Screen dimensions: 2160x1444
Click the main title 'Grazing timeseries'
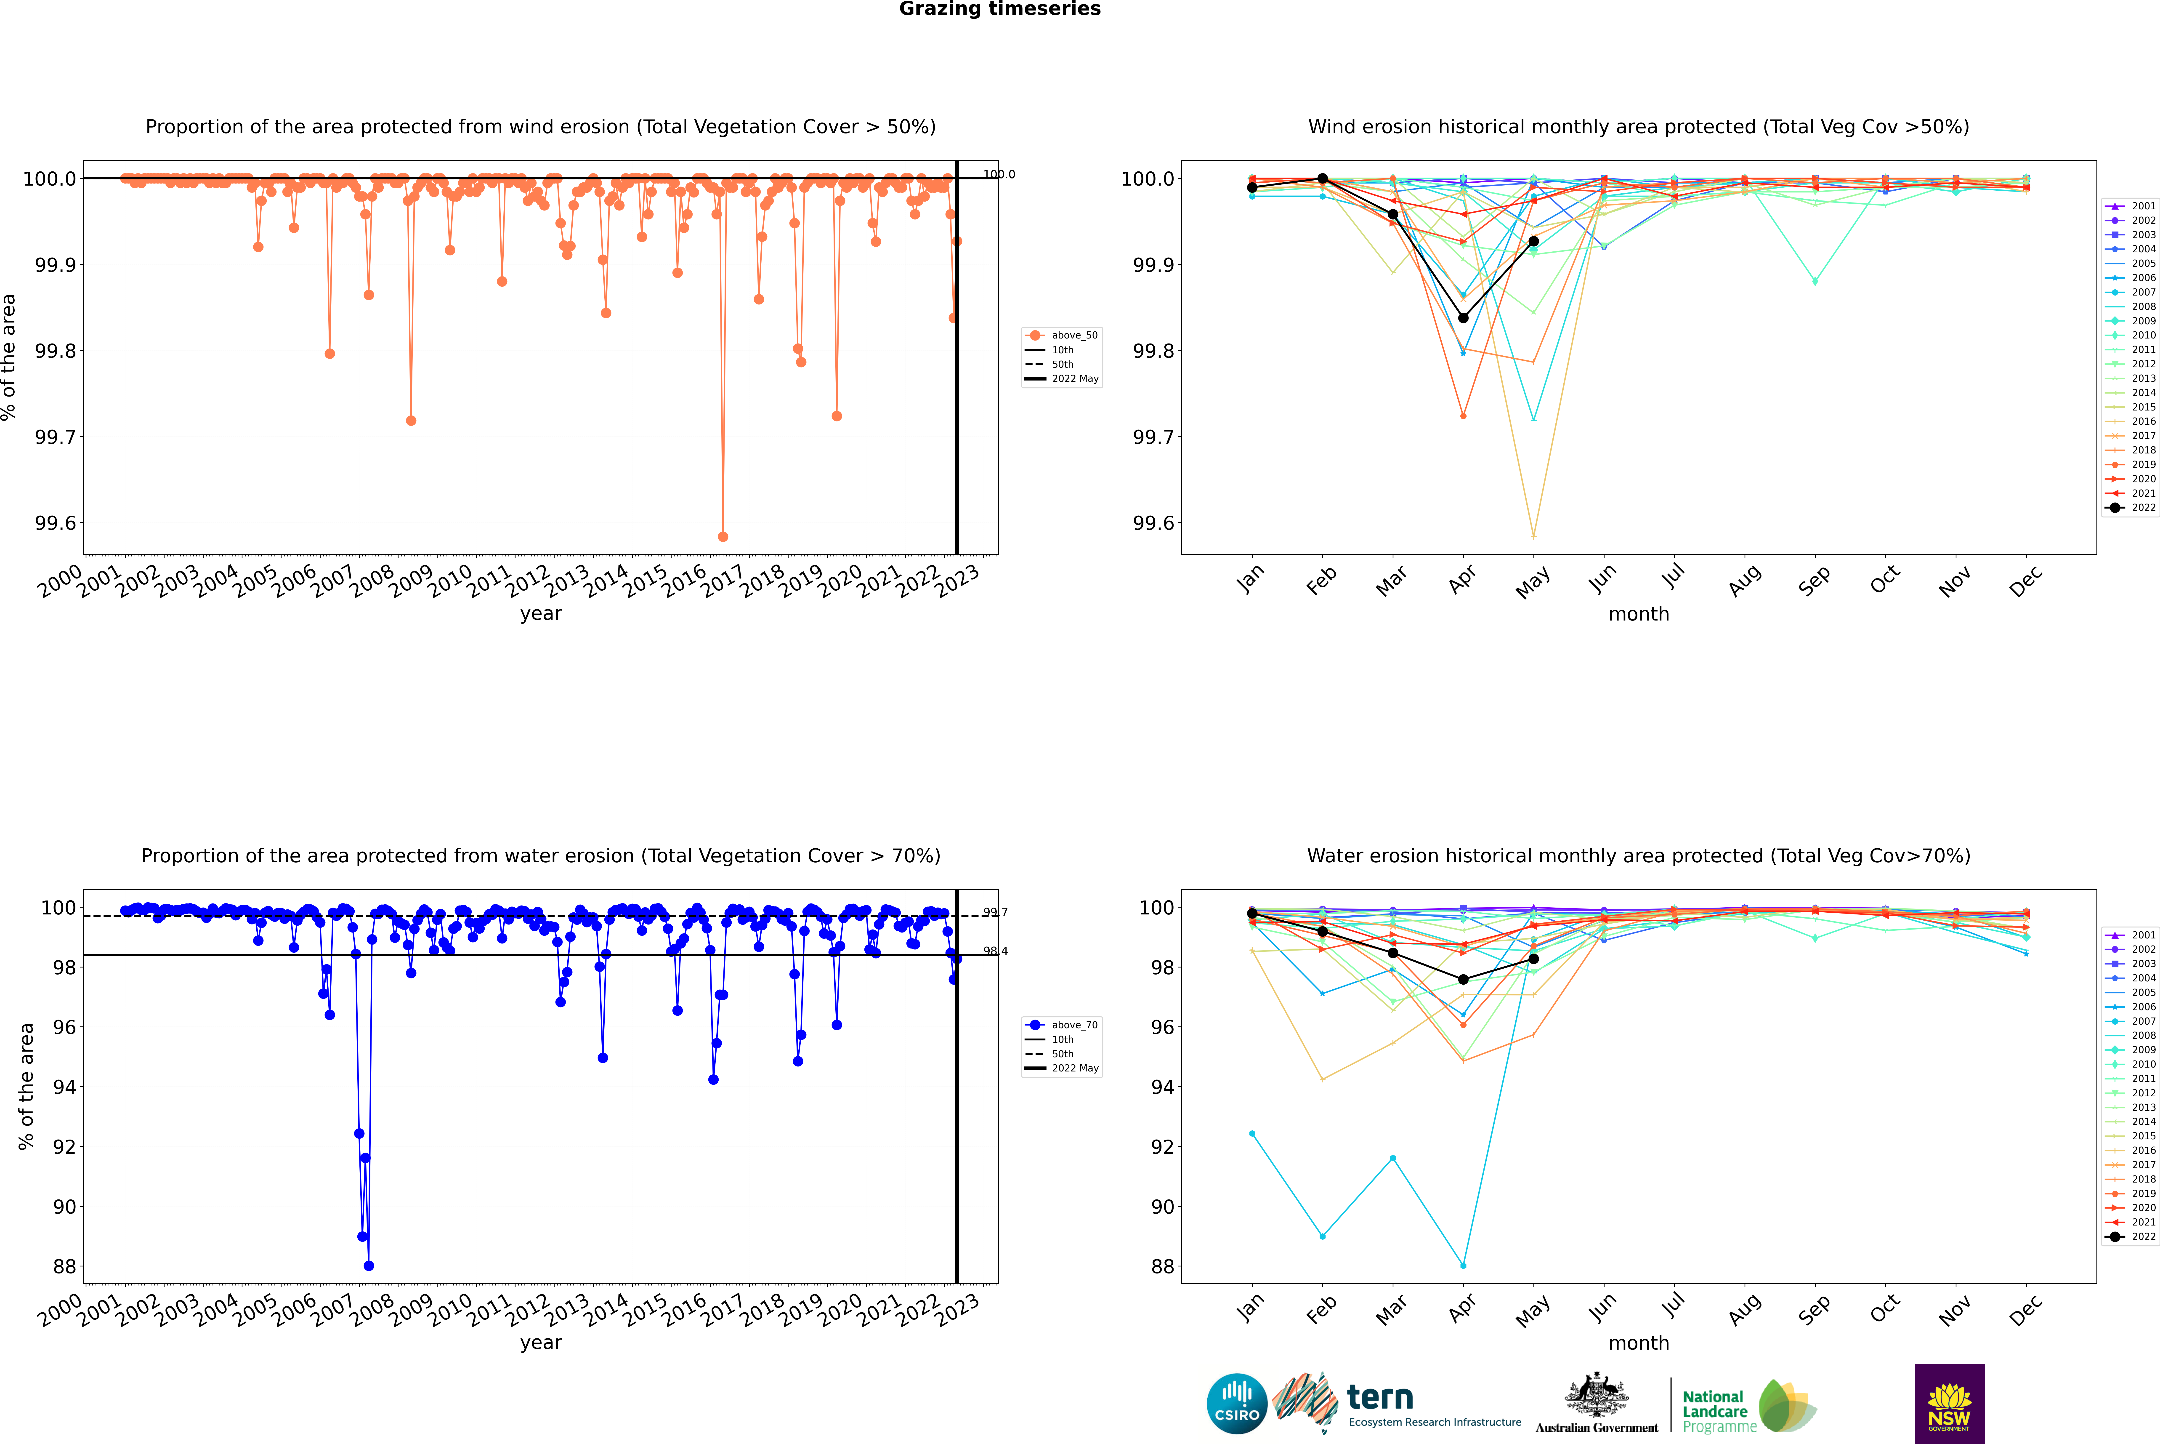[1000, 9]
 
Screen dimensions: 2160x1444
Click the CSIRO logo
[1237, 1404]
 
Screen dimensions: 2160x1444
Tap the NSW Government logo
[1949, 1404]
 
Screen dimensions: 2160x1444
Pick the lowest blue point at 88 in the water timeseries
[369, 1265]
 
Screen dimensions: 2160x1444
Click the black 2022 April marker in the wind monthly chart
[1463, 318]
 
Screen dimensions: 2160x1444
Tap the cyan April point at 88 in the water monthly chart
[1463, 1265]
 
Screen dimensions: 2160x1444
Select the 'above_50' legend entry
[1062, 335]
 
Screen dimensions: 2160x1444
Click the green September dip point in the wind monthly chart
[1815, 281]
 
